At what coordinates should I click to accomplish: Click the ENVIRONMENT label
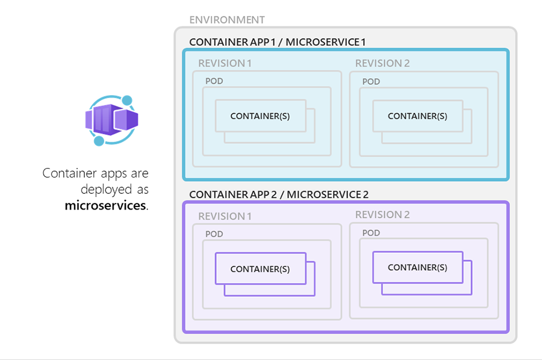pyautogui.click(x=227, y=20)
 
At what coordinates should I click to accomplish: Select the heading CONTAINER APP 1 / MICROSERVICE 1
pyautogui.click(x=277, y=42)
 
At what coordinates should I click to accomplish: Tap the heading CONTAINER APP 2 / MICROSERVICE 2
pyautogui.click(x=279, y=194)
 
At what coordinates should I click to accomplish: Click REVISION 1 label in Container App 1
pyautogui.click(x=225, y=63)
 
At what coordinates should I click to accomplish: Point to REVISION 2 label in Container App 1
pyautogui.click(x=382, y=63)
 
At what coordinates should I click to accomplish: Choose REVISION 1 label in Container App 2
pyautogui.click(x=225, y=216)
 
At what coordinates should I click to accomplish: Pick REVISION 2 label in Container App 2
pyautogui.click(x=382, y=214)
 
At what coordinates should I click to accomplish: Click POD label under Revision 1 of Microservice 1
pyautogui.click(x=214, y=81)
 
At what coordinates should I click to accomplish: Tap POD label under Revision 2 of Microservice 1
pyautogui.click(x=371, y=81)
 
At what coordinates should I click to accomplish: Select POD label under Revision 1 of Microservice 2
pyautogui.click(x=214, y=234)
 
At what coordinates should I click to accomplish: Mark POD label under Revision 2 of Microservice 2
pyautogui.click(x=371, y=233)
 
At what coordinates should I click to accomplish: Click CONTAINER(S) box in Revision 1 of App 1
pyautogui.click(x=261, y=116)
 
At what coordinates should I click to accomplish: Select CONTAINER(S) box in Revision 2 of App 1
pyautogui.click(x=418, y=116)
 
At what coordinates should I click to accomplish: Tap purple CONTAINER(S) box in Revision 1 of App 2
pyautogui.click(x=261, y=268)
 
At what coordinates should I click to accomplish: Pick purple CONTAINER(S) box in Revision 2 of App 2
pyautogui.click(x=418, y=267)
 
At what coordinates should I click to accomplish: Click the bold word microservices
pyautogui.click(x=105, y=205)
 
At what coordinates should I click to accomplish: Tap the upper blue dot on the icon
pyautogui.click(x=127, y=101)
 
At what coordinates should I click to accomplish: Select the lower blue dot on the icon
pyautogui.click(x=99, y=141)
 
